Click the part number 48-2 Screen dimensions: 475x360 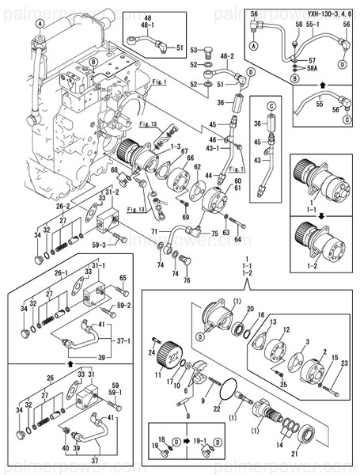[227, 56]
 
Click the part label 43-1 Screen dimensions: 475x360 [212, 148]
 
